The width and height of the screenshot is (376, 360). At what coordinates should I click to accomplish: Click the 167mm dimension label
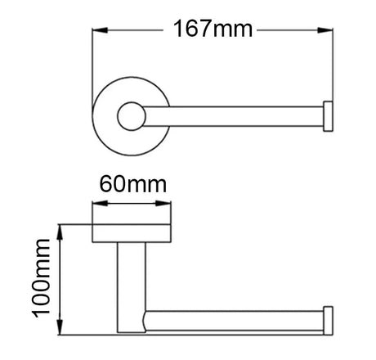coord(213,30)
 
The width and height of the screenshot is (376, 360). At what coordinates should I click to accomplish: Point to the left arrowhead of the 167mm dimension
coord(96,31)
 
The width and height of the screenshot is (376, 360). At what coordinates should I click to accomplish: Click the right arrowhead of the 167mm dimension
coord(329,31)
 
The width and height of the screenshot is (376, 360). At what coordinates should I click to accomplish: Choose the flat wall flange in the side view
coord(132,235)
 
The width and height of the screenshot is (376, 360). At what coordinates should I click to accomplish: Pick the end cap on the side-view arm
coord(329,319)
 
